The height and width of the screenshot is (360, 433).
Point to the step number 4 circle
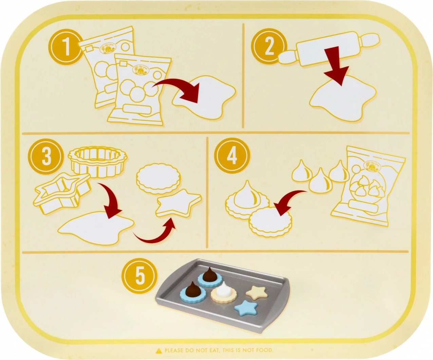click(x=232, y=156)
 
